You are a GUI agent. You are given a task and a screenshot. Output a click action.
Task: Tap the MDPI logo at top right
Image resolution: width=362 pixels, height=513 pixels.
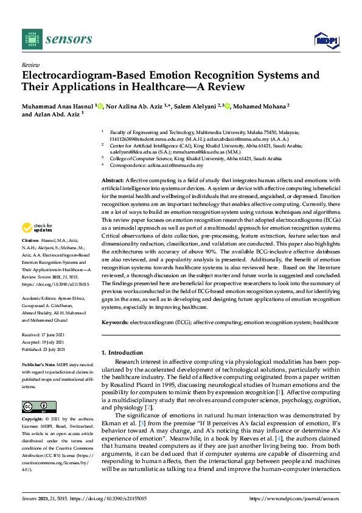[325, 40]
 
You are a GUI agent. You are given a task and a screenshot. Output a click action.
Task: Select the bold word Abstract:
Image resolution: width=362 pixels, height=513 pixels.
[113, 180]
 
